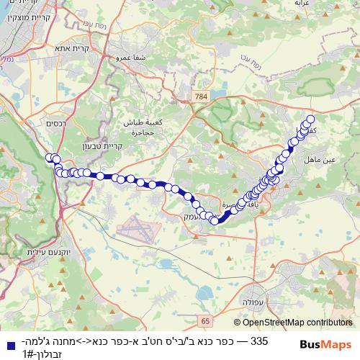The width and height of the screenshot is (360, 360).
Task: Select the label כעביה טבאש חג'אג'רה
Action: [139, 127]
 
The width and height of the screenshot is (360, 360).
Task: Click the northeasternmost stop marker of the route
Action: [311, 120]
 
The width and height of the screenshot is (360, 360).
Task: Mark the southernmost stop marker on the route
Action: [215, 221]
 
